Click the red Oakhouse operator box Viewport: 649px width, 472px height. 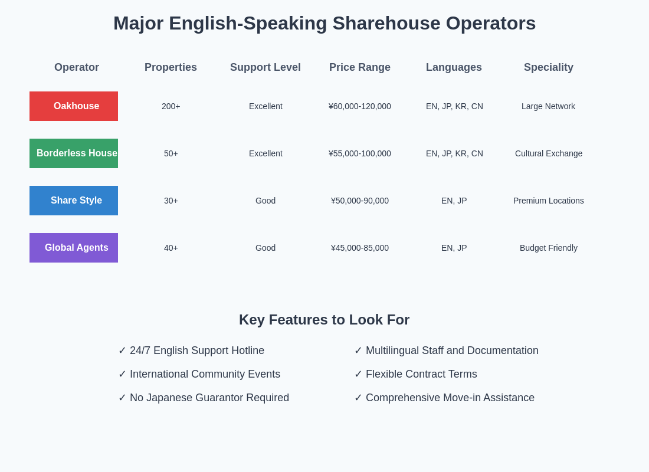pos(74,106)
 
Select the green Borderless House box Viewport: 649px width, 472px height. pos(74,153)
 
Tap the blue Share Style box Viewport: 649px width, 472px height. pos(74,201)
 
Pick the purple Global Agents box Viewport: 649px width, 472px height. pos(74,248)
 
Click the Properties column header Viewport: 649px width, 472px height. pos(171,67)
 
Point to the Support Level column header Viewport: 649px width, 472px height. pos(265,67)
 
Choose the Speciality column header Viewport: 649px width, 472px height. pos(549,67)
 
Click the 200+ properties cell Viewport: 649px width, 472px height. pos(171,106)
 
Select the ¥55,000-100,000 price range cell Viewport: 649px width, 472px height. pos(360,153)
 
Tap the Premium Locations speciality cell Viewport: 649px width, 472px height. pos(549,201)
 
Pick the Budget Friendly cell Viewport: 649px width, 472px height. pos(549,248)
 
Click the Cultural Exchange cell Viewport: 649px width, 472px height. pos(549,153)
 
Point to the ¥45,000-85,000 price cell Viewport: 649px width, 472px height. pos(360,248)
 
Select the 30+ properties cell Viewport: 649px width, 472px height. pos(171,201)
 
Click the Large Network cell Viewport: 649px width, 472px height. pos(548,106)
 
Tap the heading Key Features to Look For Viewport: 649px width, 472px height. pos(324,320)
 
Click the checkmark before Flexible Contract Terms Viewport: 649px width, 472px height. pos(358,374)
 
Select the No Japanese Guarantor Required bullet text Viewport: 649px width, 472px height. pos(209,398)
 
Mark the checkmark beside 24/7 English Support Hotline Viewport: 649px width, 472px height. pos(122,350)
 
